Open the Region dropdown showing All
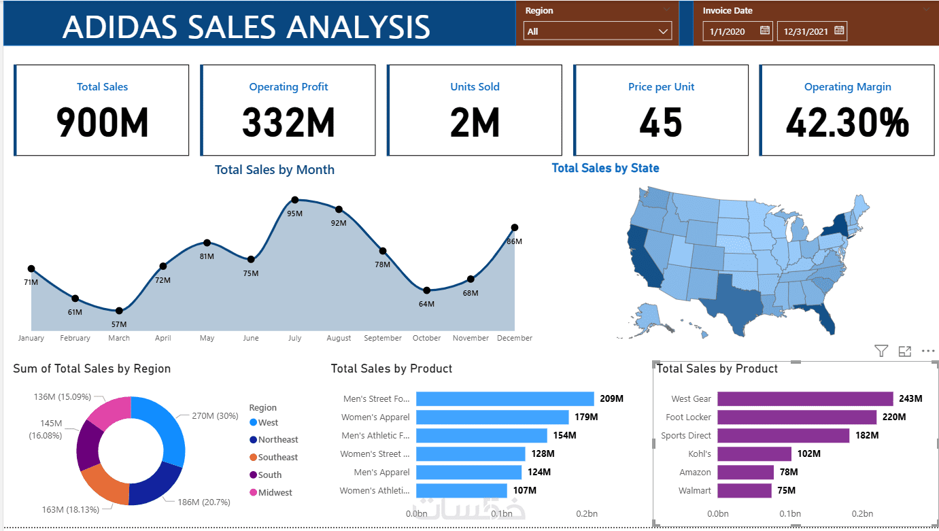pos(597,31)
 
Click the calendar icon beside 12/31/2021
pos(839,31)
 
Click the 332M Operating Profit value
pos(288,123)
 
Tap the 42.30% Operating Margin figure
pos(847,123)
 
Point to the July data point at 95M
pos(295,200)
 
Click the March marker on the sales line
pos(119,311)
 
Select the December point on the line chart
pos(515,228)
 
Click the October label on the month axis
pos(426,338)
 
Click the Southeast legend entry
pos(277,458)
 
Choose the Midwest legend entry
pos(274,492)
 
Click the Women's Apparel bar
pos(492,417)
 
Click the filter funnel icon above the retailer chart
pos(881,352)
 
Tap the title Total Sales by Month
pos(275,170)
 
